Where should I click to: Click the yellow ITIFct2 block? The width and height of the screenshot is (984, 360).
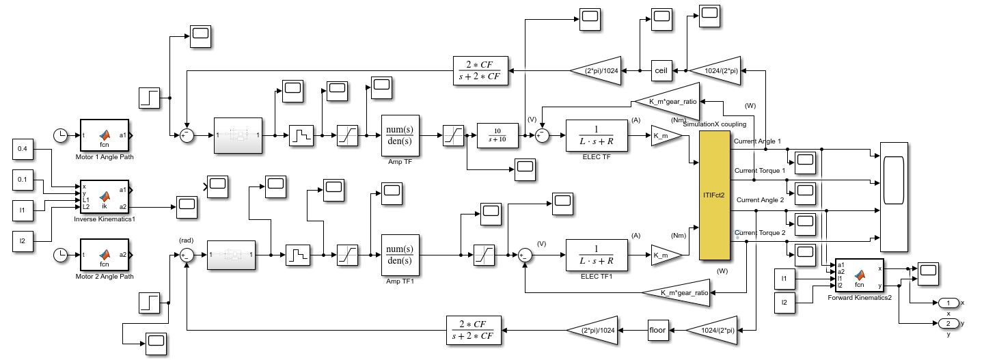point(714,195)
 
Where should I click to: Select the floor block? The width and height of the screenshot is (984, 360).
point(659,331)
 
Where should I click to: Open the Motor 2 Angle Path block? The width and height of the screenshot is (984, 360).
point(105,255)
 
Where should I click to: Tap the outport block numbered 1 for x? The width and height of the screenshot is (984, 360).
point(948,303)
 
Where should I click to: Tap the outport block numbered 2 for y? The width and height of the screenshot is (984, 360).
point(948,322)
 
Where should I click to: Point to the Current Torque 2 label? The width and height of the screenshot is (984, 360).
point(760,233)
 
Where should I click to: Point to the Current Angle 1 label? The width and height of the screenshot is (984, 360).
point(757,141)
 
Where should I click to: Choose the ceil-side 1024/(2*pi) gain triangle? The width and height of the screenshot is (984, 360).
point(714,70)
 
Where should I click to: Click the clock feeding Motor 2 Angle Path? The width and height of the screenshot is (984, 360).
point(61,255)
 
